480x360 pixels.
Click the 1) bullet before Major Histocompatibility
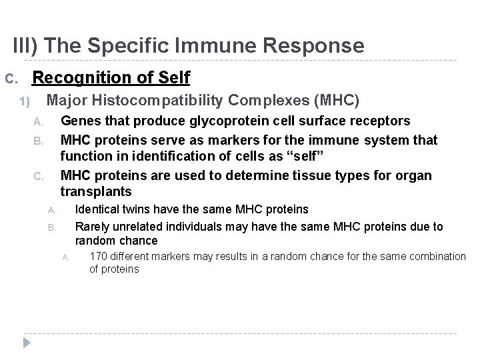[25, 102]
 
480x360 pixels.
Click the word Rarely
[93, 227]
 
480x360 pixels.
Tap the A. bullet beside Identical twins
[51, 211]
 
